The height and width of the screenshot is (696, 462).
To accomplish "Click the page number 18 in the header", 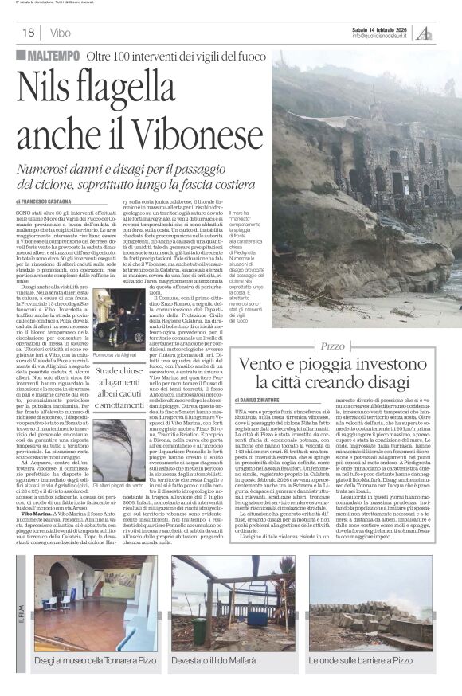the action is tap(28, 33).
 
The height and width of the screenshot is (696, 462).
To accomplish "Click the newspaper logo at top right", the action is tap(425, 32).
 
